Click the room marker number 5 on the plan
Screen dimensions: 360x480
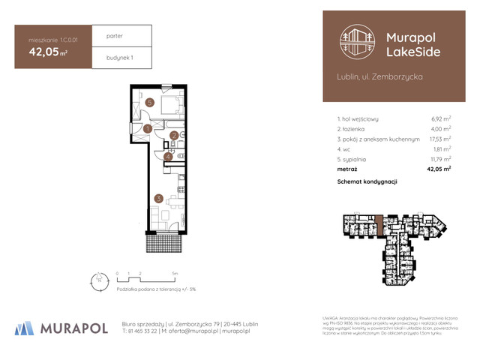coord(150,102)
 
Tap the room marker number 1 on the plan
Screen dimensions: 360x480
coord(148,129)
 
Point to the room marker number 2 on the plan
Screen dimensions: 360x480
coord(174,136)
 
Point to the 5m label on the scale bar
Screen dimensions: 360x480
coord(174,274)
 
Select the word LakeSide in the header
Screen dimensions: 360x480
coord(412,52)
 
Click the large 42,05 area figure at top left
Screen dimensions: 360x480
coord(45,52)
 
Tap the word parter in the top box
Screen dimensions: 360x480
coord(115,36)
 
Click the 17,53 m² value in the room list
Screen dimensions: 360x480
coord(439,139)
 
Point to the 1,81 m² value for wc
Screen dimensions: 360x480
coord(441,149)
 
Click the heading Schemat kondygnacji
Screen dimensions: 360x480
coord(367,181)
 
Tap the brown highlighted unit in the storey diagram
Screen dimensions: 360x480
coord(380,223)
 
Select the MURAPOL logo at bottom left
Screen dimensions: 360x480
coord(60,327)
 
